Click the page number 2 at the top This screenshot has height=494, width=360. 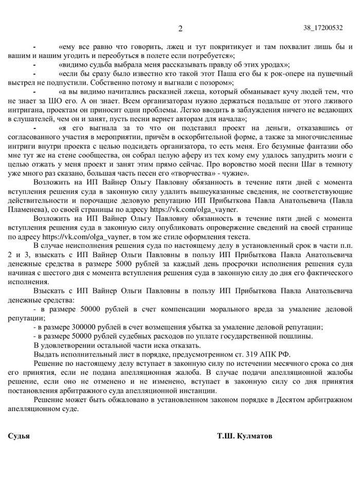click(x=179, y=28)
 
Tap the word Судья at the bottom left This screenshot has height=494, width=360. click(x=19, y=436)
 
